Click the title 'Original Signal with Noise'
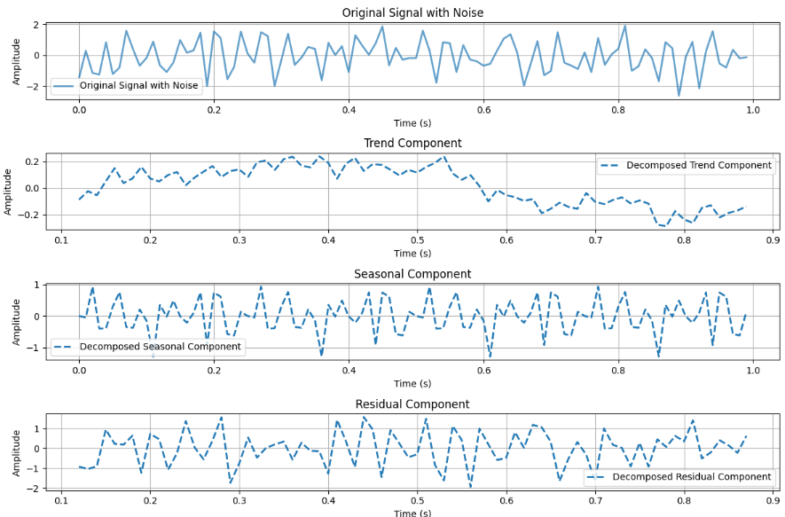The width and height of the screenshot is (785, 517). [x=412, y=12]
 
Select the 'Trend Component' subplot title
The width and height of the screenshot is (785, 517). [x=412, y=143]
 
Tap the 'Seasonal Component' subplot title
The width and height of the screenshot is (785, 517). [x=412, y=274]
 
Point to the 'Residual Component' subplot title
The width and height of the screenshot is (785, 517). [x=412, y=404]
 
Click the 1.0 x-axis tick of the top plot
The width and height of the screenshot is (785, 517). [x=753, y=110]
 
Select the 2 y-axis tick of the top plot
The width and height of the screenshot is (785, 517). [x=35, y=25]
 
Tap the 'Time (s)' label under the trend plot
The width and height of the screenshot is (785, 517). [x=412, y=254]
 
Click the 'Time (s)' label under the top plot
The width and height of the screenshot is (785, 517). [x=412, y=122]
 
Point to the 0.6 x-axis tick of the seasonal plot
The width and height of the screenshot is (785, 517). [x=483, y=372]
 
